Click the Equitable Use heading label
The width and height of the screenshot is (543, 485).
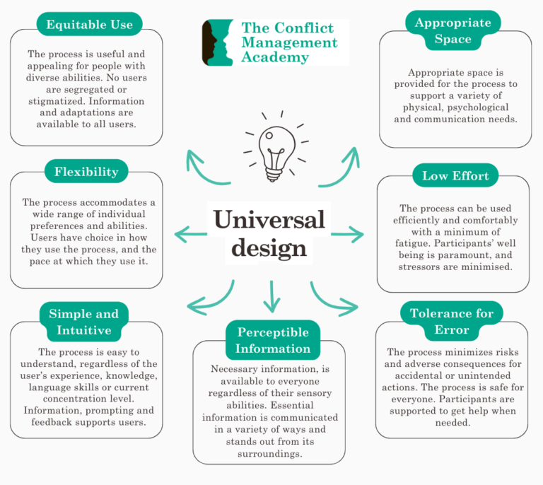pos(89,25)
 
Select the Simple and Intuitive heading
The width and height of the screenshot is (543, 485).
pos(83,321)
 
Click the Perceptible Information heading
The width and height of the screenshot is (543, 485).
pos(273,340)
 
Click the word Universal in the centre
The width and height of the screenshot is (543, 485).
pos(269,219)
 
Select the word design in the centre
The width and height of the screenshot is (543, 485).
pos(269,248)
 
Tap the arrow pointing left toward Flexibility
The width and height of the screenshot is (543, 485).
pos(190,233)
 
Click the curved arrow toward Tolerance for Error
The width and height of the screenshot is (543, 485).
pos(332,298)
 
